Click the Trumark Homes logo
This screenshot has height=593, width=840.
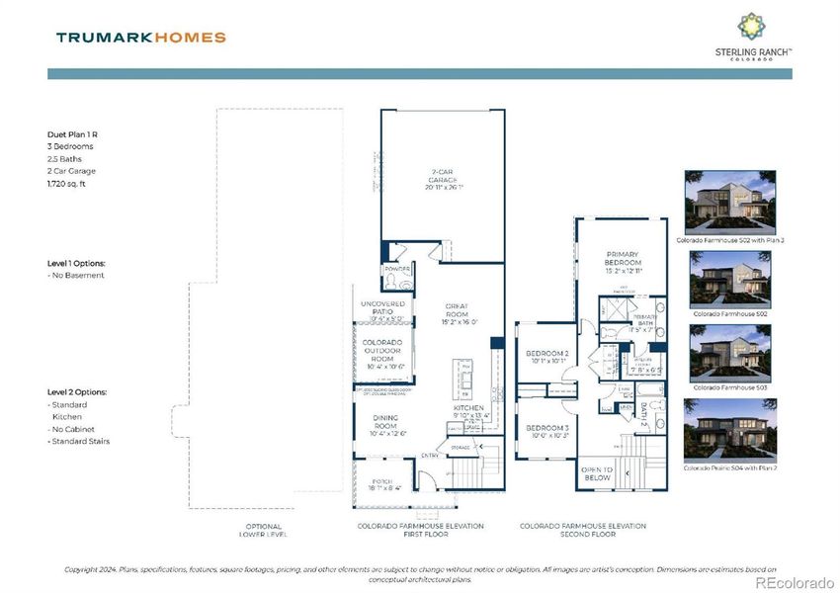140,38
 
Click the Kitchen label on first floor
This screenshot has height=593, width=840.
467,407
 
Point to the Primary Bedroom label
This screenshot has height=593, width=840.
624,261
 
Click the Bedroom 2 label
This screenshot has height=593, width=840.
546,355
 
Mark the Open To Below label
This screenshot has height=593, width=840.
598,472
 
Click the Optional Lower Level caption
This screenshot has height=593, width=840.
264,530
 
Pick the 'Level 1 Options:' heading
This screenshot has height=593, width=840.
76,264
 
